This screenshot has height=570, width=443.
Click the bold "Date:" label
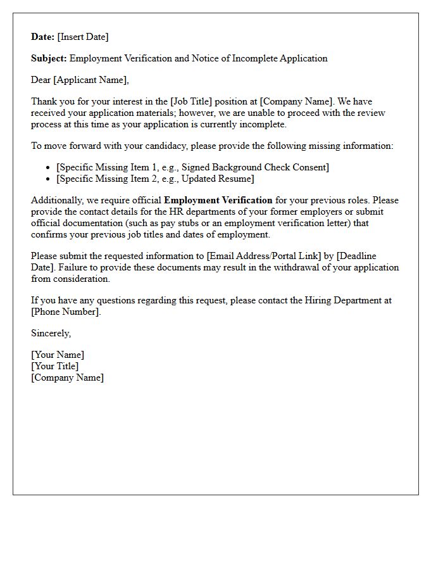pos(43,37)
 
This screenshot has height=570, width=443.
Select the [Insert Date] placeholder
pos(83,37)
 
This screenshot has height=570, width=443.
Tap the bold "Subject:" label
pos(49,58)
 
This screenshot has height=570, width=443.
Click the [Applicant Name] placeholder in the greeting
pos(92,80)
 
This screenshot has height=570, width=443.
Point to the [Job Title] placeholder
pos(190,101)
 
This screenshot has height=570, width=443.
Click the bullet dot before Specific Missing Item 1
pos(49,168)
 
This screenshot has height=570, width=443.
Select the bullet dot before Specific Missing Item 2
pos(49,179)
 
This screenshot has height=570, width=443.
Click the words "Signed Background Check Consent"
pos(254,168)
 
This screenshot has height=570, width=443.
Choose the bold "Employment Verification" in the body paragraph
pos(218,201)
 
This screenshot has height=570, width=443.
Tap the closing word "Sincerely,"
pos(51,333)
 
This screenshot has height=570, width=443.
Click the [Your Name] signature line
pos(58,355)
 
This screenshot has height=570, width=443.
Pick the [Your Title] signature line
pos(55,366)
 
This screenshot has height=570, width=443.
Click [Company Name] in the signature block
pos(68,377)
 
